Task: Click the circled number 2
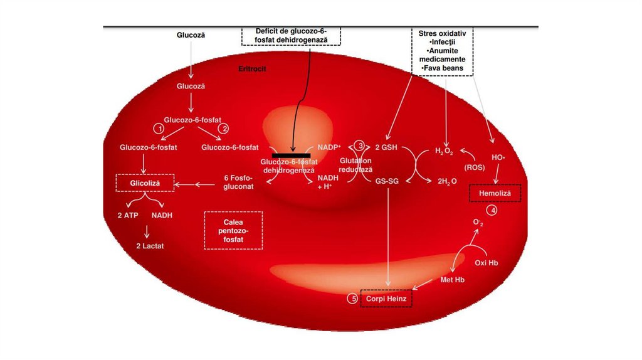pyautogui.click(x=222, y=128)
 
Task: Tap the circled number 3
pyautogui.click(x=360, y=145)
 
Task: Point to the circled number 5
pyautogui.click(x=354, y=299)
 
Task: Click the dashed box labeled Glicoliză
pyautogui.click(x=145, y=183)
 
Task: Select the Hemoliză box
pyautogui.click(x=495, y=194)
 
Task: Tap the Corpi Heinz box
pyautogui.click(x=386, y=299)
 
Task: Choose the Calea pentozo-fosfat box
pyautogui.click(x=233, y=230)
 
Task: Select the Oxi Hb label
pyautogui.click(x=486, y=262)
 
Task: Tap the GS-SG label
pyautogui.click(x=388, y=181)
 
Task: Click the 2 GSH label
pyautogui.click(x=387, y=148)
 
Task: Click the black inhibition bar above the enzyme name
pyautogui.click(x=291, y=154)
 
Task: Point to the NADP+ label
pyautogui.click(x=329, y=147)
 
